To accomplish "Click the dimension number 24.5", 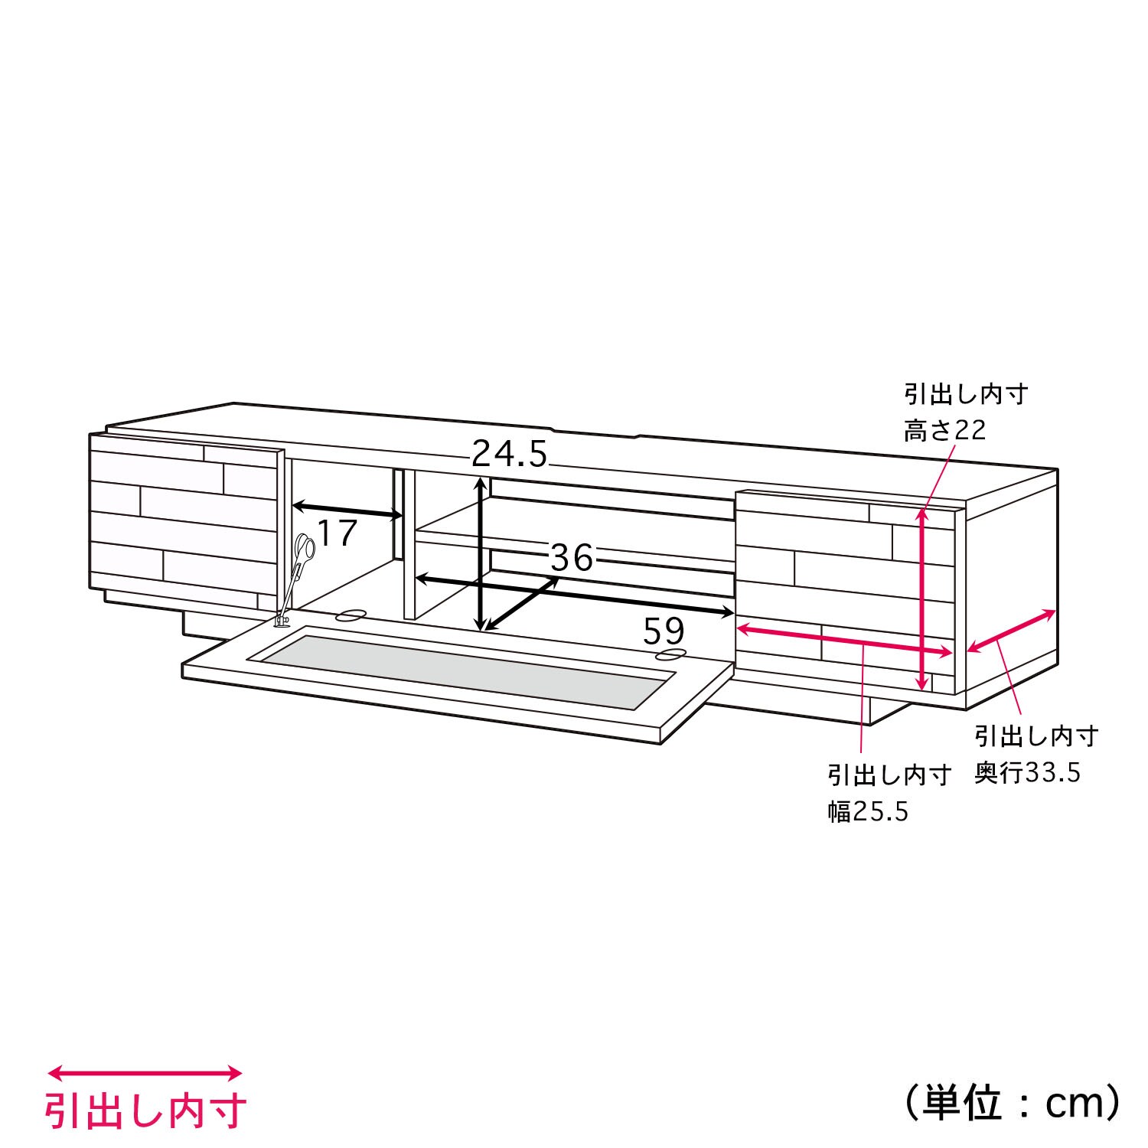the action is click(510, 454).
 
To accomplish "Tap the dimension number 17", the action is click(337, 533).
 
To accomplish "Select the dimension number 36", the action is click(572, 558).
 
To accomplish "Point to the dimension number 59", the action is click(664, 631).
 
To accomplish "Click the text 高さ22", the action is click(945, 431).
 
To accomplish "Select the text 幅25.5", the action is click(868, 811).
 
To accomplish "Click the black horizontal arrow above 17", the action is click(347, 510).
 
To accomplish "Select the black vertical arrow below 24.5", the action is click(481, 553).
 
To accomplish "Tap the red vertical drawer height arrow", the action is click(924, 599).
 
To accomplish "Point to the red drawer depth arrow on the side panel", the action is click(1012, 631).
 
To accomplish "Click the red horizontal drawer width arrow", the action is click(844, 640).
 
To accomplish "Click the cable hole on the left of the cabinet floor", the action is click(351, 614).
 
